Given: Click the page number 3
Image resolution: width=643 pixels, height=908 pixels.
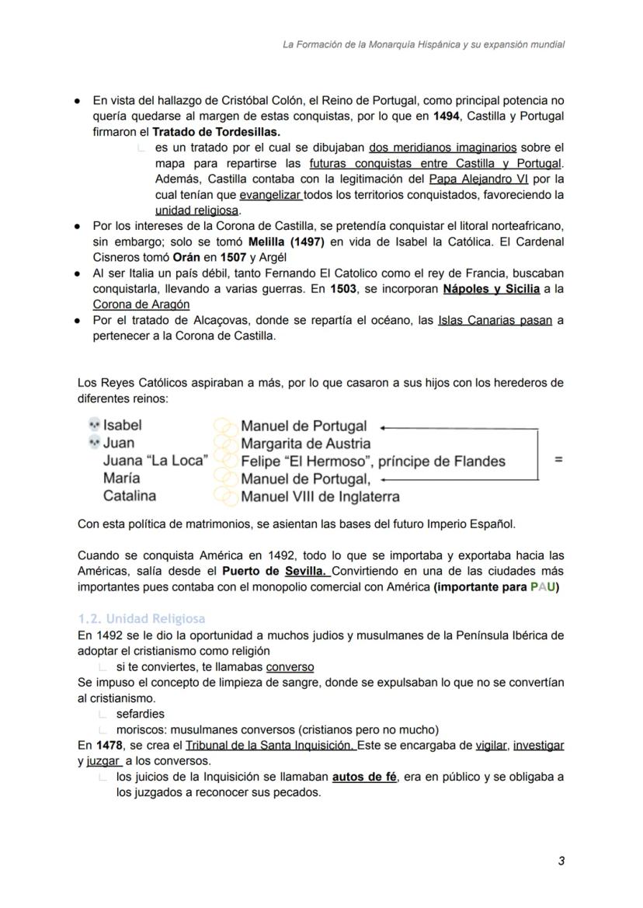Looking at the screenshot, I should coord(561,861).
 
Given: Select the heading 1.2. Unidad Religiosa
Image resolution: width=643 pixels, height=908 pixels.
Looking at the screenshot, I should coord(141,619).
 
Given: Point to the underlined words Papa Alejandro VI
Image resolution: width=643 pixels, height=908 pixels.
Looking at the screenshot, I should coord(478,179).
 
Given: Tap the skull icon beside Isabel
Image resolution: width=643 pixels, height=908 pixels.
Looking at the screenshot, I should coord(93,425).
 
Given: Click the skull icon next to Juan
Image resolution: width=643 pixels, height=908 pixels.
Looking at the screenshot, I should coord(93,443).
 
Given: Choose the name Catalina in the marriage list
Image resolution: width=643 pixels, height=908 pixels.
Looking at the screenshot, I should coord(130,496).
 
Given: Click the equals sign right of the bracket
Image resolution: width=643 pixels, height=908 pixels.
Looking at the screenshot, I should coord(558,460).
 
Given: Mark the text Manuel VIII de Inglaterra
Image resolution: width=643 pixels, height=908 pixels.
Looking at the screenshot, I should coord(320,496).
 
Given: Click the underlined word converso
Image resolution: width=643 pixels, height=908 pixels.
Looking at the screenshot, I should coord(290,666).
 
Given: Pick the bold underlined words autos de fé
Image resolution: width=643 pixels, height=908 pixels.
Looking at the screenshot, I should coord(364,777).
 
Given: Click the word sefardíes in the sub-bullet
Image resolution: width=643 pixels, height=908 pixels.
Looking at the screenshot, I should coord(141,714).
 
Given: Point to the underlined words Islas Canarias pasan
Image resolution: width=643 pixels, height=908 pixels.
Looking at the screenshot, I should coord(495,320).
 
